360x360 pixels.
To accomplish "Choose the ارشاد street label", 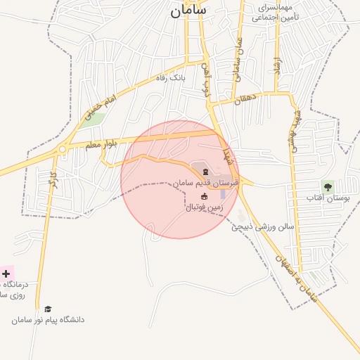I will pyautogui.click(x=277, y=69).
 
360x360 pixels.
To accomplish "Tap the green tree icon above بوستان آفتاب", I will pyautogui.click(x=327, y=186).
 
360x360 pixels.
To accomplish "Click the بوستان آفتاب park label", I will pyautogui.click(x=328, y=199).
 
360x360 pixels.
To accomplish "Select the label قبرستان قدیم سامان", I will pyautogui.click(x=207, y=183).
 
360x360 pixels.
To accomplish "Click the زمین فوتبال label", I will pyautogui.click(x=205, y=207).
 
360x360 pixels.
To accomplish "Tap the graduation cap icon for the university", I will pyautogui.click(x=48, y=309).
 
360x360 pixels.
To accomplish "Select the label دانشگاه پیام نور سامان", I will pyautogui.click(x=48, y=320).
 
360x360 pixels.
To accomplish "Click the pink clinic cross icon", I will pyautogui.click(x=6, y=273).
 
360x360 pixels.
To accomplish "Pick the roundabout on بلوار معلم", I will pyautogui.click(x=63, y=149).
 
